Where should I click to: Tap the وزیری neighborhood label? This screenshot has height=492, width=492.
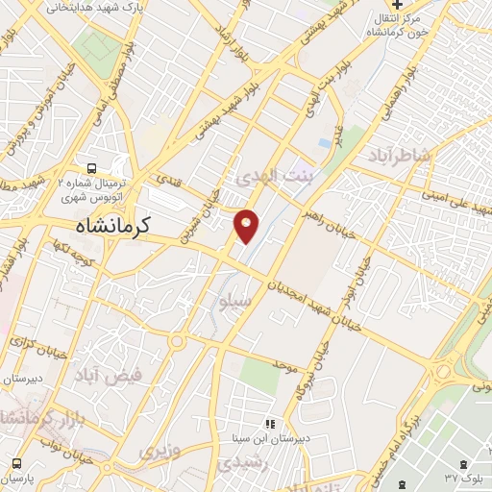(160, 451)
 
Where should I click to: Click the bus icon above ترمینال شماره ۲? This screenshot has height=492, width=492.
(91, 166)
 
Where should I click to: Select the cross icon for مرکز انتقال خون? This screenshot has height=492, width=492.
(397, 5)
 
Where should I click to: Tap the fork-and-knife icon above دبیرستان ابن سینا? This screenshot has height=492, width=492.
(270, 423)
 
